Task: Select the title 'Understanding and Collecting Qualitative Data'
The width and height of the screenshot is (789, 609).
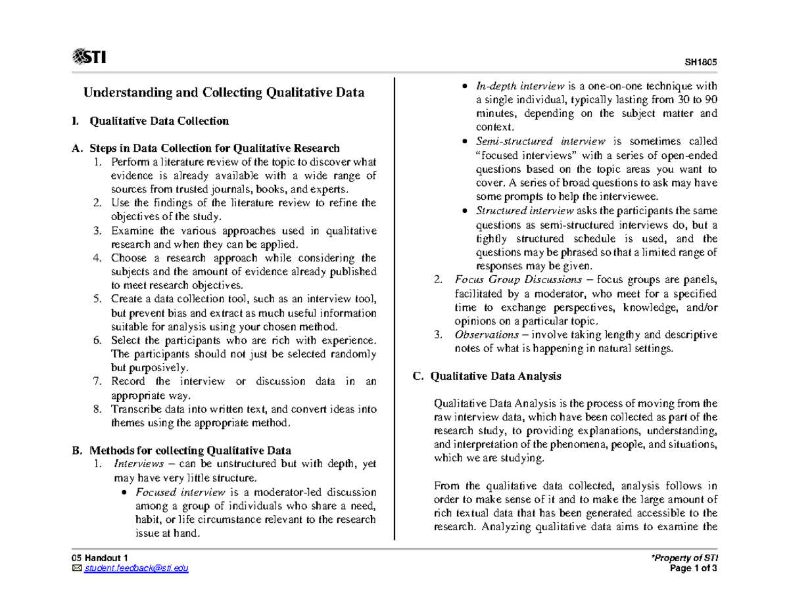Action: (223, 93)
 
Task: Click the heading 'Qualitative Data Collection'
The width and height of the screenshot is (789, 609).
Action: (159, 121)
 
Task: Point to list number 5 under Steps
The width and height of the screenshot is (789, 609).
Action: (97, 300)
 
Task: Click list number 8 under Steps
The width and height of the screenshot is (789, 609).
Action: (97, 409)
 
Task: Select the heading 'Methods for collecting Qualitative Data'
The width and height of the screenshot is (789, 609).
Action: (189, 451)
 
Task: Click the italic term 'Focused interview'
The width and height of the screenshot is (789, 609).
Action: (174, 493)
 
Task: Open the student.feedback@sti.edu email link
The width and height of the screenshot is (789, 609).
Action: (135, 568)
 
